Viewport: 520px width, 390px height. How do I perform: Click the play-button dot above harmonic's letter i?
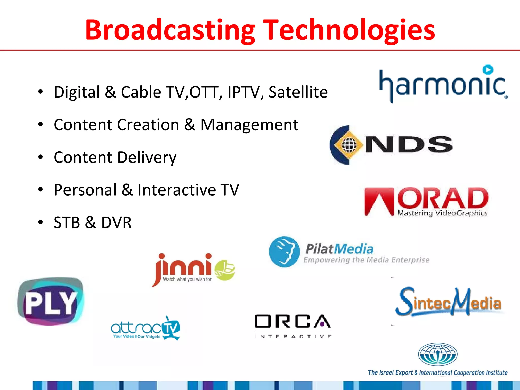[488, 70]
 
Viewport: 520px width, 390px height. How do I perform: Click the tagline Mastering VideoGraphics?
[442, 213]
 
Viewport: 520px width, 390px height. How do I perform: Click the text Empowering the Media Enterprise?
[366, 260]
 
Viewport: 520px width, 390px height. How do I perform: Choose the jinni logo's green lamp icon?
[225, 270]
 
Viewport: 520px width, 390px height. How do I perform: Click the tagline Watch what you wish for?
[187, 279]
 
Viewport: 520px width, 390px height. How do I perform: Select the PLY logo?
[51, 301]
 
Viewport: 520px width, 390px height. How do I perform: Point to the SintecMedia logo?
[448, 302]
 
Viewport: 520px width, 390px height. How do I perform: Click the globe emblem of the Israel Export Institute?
[437, 354]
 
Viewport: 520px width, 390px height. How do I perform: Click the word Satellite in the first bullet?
[298, 92]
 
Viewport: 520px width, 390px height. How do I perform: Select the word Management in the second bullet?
[249, 125]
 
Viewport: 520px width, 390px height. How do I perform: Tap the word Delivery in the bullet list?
[147, 157]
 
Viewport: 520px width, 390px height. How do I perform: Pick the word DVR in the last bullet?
[116, 222]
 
